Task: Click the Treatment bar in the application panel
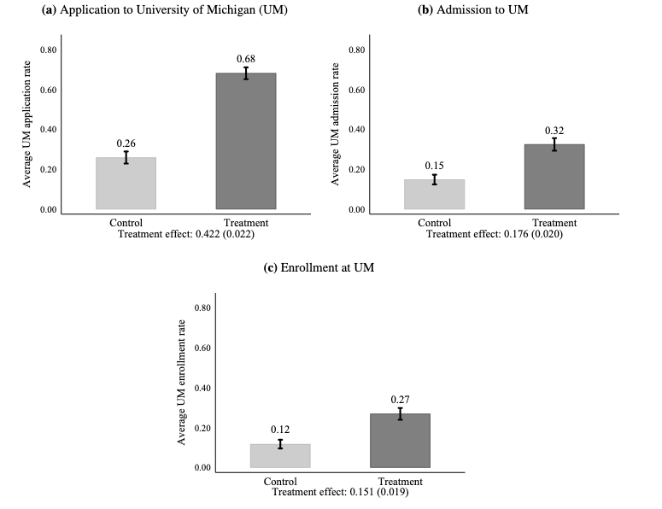tap(246, 141)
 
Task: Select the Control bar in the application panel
tap(126, 183)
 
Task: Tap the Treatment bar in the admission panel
tap(554, 177)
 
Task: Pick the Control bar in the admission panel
tap(434, 194)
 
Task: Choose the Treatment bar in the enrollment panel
tap(400, 440)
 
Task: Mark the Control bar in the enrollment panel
tap(280, 455)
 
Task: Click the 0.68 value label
tap(246, 58)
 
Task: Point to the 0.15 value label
tap(434, 166)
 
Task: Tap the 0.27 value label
tap(400, 400)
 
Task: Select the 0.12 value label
tap(280, 430)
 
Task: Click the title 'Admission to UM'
tap(479, 9)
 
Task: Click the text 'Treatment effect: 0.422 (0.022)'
tap(185, 233)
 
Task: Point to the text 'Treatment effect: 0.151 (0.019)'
tap(340, 492)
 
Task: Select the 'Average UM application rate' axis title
tap(28, 129)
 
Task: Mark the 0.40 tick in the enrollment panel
tap(202, 388)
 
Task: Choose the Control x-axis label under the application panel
tap(126, 222)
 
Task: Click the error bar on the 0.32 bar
tap(554, 144)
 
